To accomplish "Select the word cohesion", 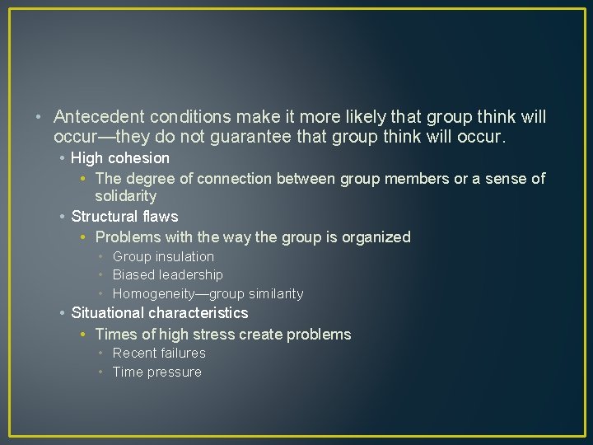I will coord(139,157).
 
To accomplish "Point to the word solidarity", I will coord(125,196).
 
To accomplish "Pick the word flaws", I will coord(160,217).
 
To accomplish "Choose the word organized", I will coord(377,237).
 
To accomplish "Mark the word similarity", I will coord(273,294).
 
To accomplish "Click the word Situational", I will coord(110,313).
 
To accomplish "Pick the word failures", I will coord(183,354).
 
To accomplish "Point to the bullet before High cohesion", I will coord(63,158).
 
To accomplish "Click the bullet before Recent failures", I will coord(100,354).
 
